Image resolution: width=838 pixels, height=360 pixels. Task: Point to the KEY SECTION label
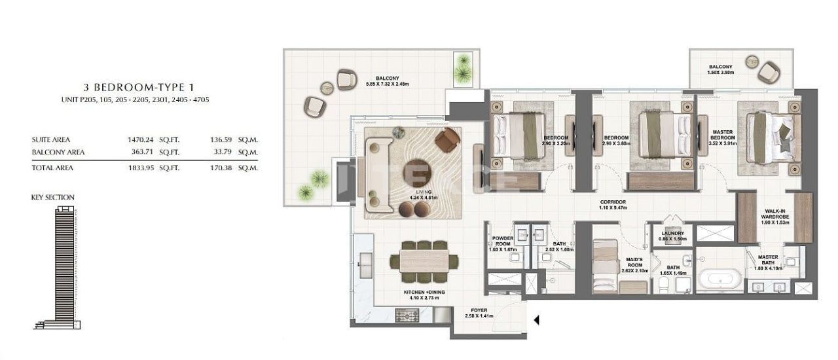(x=53, y=197)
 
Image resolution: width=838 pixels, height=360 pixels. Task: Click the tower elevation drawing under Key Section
(x=64, y=265)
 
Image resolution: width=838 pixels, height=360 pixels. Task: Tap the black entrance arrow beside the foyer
(x=536, y=320)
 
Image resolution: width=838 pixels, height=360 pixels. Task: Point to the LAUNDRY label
(x=672, y=234)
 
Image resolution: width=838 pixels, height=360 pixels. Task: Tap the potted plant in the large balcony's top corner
(x=464, y=65)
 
